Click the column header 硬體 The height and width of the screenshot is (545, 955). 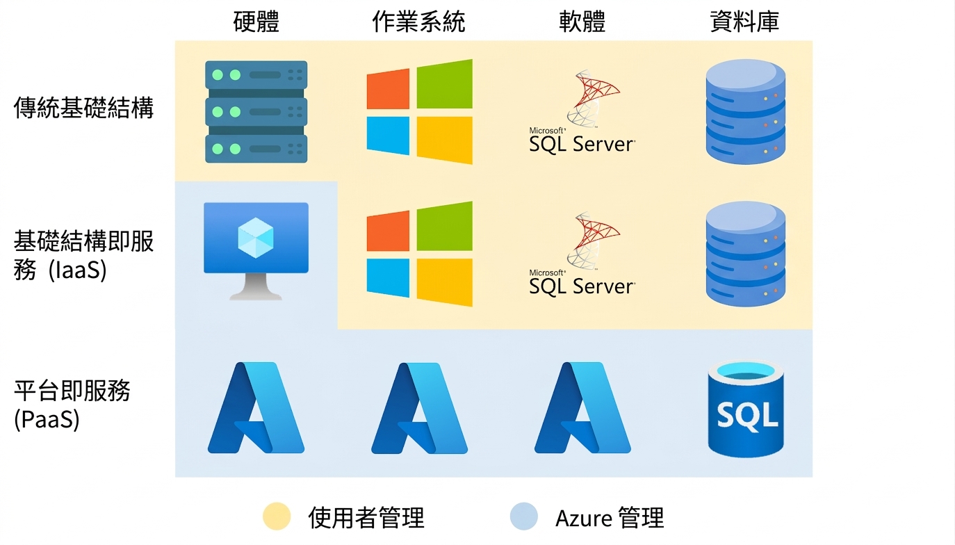click(256, 22)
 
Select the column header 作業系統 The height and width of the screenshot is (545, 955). click(418, 22)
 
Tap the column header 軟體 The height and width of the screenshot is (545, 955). click(582, 22)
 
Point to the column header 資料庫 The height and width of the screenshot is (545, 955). click(744, 22)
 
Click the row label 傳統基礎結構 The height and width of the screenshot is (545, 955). click(83, 108)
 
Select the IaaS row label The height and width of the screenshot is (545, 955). click(83, 255)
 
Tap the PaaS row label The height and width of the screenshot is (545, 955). click(72, 405)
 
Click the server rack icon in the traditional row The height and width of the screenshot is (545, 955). click(256, 112)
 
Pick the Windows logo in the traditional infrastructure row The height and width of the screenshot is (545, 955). click(420, 112)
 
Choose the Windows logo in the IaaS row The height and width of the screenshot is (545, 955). click(420, 254)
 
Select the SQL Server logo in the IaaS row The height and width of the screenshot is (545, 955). click(582, 253)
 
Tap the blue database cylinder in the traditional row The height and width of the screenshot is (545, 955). click(746, 112)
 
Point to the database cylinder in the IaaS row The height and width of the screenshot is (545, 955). click(746, 254)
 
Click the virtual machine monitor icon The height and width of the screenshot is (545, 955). click(256, 251)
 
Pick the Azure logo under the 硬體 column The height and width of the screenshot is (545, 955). click(256, 407)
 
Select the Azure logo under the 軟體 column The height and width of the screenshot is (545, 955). click(582, 407)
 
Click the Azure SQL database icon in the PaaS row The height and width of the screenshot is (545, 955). click(746, 409)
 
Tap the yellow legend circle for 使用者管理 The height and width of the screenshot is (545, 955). click(277, 516)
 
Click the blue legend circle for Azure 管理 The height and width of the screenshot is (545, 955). click(524, 516)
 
